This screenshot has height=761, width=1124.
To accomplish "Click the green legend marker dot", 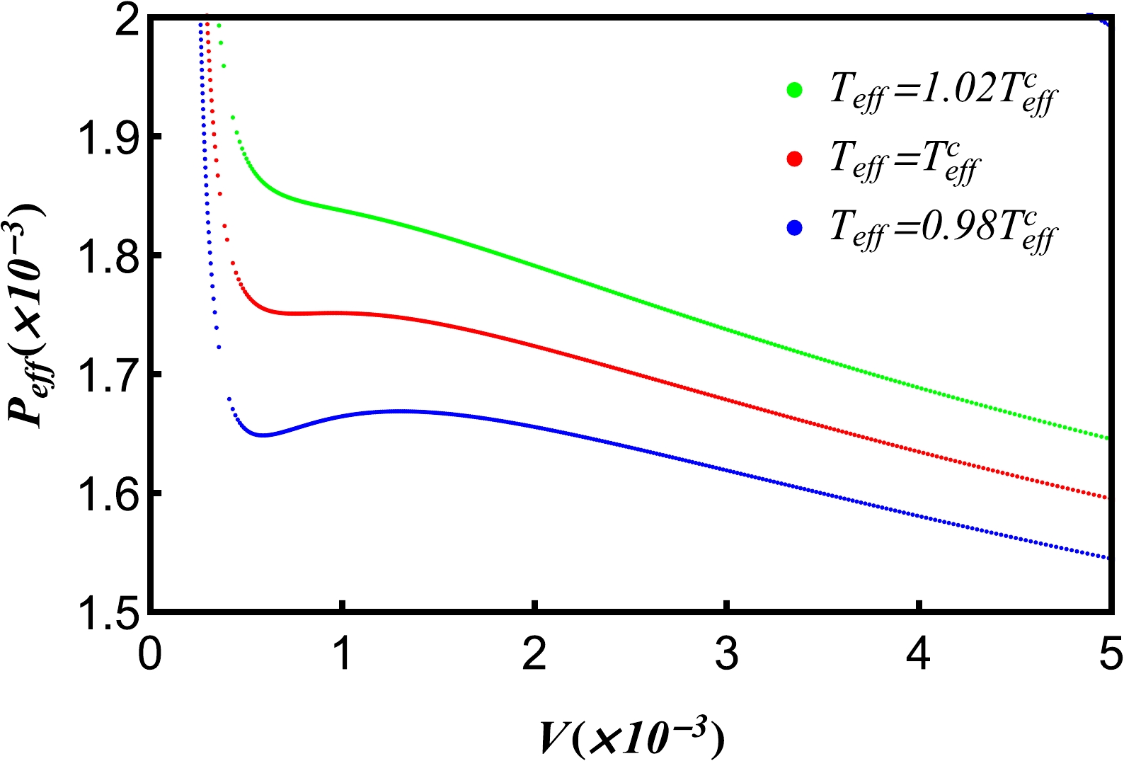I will click(794, 90).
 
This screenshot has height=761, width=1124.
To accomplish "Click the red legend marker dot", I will click(794, 159).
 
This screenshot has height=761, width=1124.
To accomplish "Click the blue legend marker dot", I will click(794, 228).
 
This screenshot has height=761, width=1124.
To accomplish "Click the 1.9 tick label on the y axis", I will click(106, 137).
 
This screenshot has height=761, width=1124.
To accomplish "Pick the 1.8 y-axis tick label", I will click(106, 256).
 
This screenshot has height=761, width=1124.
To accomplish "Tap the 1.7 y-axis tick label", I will click(106, 375).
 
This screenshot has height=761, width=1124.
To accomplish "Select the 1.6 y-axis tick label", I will click(106, 494).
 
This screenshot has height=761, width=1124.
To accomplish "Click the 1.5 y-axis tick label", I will click(106, 613).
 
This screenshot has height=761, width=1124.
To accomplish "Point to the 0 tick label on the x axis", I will click(149, 654).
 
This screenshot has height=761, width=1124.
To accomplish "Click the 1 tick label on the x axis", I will click(343, 654).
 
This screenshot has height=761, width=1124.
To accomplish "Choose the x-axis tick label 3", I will click(727, 654).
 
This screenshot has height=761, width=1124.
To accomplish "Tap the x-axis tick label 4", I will click(919, 654).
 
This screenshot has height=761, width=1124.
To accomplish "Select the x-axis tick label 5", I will click(1111, 654).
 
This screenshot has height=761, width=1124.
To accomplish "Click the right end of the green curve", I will click(1106, 438).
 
